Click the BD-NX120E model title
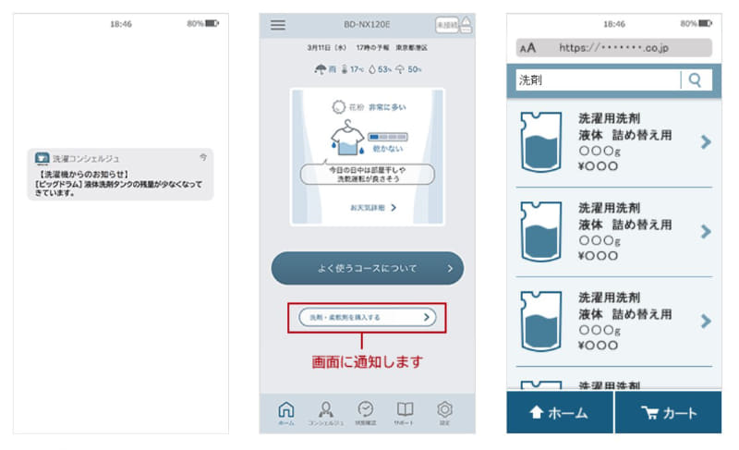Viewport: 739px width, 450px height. [367, 25]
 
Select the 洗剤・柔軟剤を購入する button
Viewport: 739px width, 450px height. [367, 317]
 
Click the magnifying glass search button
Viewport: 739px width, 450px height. [696, 80]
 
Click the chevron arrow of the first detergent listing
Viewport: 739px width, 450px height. [706, 141]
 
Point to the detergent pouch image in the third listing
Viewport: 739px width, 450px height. [541, 321]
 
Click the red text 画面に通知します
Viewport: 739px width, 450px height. [366, 361]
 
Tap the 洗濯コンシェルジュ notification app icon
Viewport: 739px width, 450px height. [42, 159]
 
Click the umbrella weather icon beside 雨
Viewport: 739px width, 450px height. [321, 69]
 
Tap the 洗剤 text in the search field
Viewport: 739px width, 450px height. [531, 80]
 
